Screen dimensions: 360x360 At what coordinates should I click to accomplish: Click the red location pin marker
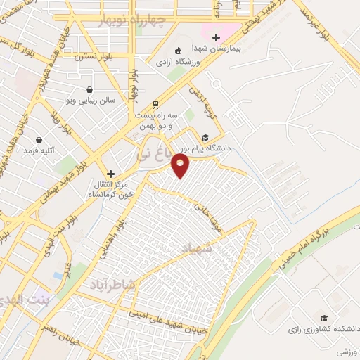[181, 165]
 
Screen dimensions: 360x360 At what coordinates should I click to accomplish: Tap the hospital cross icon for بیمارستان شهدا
[216, 37]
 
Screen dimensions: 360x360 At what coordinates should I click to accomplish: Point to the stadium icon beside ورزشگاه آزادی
[179, 50]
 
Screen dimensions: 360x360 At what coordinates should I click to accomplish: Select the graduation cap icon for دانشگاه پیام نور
[205, 138]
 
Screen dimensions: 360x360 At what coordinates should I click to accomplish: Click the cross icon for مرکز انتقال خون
[110, 173]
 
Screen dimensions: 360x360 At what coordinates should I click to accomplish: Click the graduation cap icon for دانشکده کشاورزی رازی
[323, 318]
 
